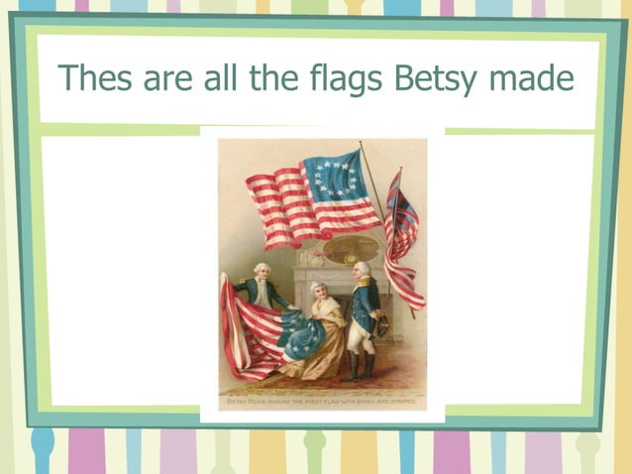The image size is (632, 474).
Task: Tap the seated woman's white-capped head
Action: coord(317,290)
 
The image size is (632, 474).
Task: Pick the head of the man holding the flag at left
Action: coord(260,271)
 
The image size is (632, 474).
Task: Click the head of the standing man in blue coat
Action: coord(363,270)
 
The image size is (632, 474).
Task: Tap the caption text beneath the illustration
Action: coord(321,404)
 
